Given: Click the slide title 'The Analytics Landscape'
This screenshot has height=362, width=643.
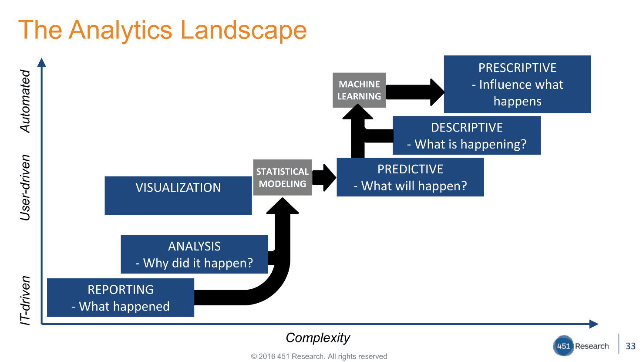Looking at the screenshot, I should click(162, 30).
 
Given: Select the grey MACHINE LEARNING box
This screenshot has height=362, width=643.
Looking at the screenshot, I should click(359, 90).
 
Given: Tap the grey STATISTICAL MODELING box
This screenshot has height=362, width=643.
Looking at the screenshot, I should click(282, 177).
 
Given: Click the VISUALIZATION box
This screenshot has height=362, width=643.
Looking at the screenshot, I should click(178, 195).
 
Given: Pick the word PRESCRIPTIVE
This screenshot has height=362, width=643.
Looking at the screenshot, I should click(517, 68).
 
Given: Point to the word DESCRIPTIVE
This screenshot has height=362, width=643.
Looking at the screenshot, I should click(467, 128).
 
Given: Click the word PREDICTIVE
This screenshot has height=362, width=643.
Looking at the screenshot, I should click(410, 169).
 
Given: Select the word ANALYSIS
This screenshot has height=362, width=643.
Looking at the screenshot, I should click(194, 247).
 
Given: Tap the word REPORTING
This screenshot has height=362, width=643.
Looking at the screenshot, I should click(121, 290).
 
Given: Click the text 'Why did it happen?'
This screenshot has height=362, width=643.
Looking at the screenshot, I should click(198, 263).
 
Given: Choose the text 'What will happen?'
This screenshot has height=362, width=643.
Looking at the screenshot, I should click(414, 186).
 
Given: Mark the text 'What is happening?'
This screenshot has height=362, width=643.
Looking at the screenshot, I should click(470, 144).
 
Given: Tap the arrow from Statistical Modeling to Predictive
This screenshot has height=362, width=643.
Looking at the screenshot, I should click(324, 177).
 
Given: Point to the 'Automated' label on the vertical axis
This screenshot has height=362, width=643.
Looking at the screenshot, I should click(25, 101).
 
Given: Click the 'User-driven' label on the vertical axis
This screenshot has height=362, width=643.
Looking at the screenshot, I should click(25, 187).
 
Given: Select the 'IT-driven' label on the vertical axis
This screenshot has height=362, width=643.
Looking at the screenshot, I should click(25, 300).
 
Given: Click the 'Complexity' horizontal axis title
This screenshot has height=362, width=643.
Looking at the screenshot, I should click(318, 338).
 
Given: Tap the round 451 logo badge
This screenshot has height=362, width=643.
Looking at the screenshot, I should click(563, 346).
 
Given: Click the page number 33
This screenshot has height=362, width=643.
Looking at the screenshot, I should click(630, 346).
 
